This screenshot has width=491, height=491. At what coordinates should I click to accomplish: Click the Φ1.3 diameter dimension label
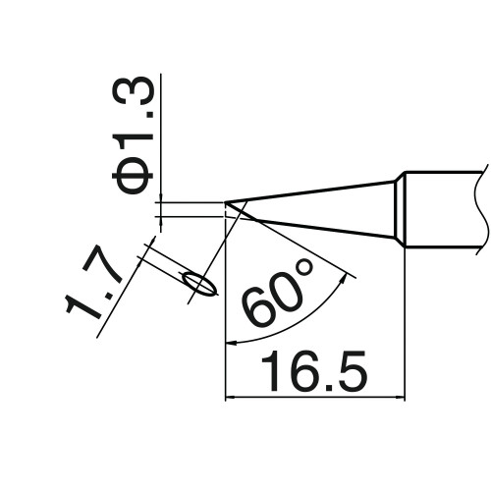click(x=133, y=136)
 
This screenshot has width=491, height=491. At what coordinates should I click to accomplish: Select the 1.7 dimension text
click(x=94, y=284)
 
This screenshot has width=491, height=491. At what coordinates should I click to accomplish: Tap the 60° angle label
click(x=278, y=293)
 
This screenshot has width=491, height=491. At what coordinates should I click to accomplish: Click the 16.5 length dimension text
click(x=313, y=371)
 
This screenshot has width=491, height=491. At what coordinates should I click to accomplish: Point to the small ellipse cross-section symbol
click(x=200, y=285)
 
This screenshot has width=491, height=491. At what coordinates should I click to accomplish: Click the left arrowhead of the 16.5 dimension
click(x=230, y=398)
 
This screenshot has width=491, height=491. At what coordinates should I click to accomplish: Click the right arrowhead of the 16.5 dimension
click(x=401, y=398)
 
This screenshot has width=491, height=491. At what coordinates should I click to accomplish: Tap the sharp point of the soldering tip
click(x=225, y=203)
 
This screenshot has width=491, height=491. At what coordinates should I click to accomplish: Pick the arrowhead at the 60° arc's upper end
click(x=344, y=279)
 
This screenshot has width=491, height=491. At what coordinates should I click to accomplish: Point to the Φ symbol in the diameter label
click(x=133, y=179)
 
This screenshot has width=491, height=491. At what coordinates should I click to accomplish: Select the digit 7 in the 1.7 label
click(x=102, y=267)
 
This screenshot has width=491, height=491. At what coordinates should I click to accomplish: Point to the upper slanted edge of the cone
click(x=309, y=191)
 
